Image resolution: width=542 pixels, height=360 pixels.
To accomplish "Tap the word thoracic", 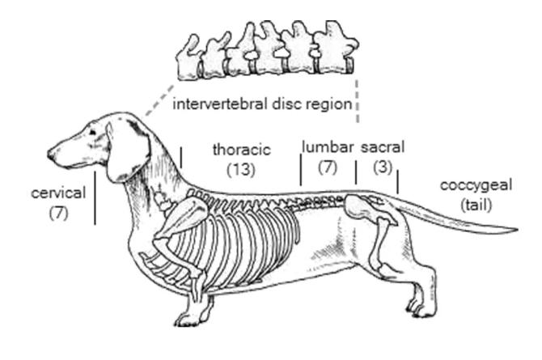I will (241, 150).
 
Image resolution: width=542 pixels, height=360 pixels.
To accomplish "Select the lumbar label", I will (328, 147).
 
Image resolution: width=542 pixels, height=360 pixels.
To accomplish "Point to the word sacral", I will (382, 147).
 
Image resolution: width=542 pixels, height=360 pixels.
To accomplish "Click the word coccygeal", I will (476, 185).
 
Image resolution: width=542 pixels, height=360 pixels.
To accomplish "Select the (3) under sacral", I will (382, 166).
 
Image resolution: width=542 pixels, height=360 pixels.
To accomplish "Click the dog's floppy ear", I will (127, 150).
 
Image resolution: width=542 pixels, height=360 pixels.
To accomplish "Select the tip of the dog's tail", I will (513, 229).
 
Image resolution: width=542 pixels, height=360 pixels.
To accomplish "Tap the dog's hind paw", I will (423, 306).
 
